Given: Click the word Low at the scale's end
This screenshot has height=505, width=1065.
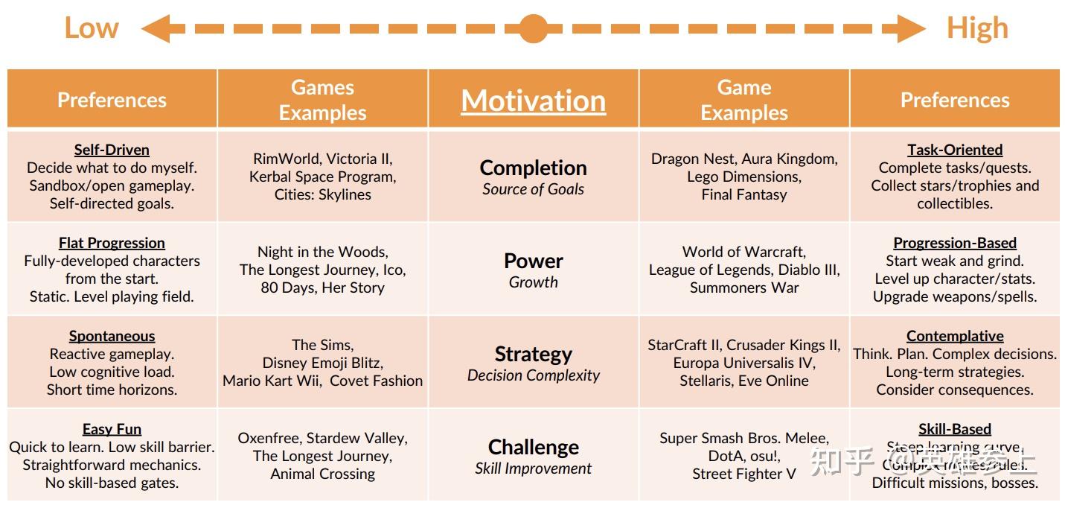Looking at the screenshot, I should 91,28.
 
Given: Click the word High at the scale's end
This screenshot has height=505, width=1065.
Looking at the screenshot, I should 976,28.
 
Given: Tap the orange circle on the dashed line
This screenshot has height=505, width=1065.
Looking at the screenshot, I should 533,28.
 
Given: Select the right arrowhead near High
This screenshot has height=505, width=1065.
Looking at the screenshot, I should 912,29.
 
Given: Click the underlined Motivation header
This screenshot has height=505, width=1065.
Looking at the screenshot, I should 533,101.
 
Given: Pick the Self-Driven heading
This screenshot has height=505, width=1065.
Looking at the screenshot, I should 112,150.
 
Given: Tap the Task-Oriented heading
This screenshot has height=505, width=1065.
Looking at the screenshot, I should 955,150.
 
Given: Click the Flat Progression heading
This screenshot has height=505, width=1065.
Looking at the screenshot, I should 112,243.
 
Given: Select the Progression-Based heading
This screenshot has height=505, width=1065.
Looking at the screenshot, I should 955,243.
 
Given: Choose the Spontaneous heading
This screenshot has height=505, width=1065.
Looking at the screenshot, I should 112,336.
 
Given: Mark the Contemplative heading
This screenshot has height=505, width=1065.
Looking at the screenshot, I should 955,336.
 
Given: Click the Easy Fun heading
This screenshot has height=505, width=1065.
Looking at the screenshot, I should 112,429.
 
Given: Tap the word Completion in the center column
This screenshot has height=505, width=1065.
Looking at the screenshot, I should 533,168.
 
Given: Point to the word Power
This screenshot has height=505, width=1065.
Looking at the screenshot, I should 533,261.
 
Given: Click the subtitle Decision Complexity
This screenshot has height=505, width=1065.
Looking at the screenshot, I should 533,375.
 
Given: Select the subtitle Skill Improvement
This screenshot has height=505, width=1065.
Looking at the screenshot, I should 533,469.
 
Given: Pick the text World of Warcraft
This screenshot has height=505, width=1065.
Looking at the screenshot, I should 743,252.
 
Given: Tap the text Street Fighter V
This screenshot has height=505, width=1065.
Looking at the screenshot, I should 743,474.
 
